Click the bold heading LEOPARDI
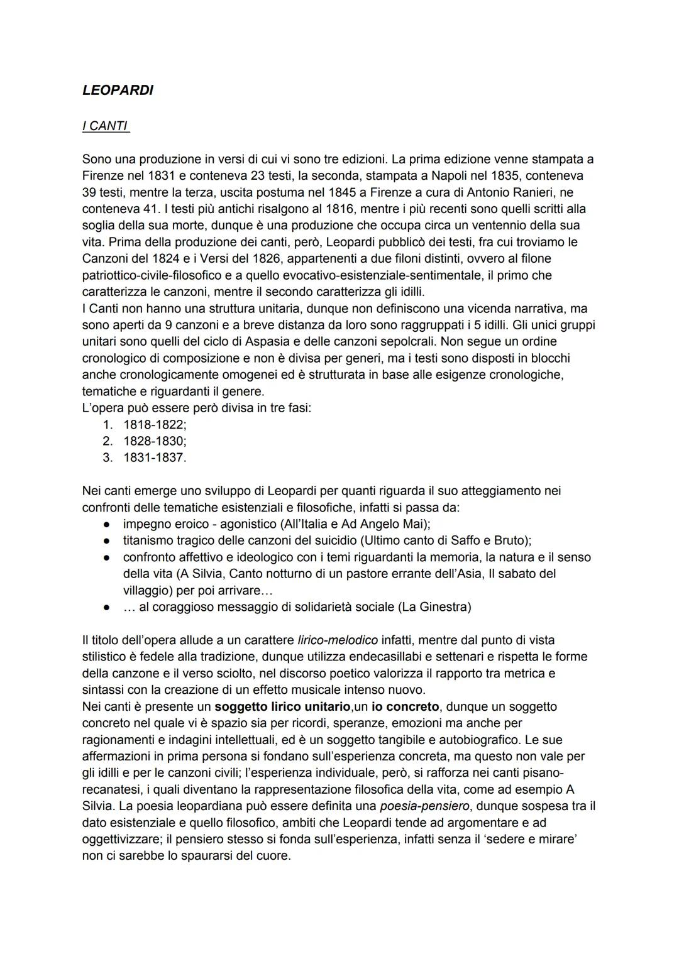118,90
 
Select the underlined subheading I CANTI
105,126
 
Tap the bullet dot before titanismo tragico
108,541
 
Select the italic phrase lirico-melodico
338,640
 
